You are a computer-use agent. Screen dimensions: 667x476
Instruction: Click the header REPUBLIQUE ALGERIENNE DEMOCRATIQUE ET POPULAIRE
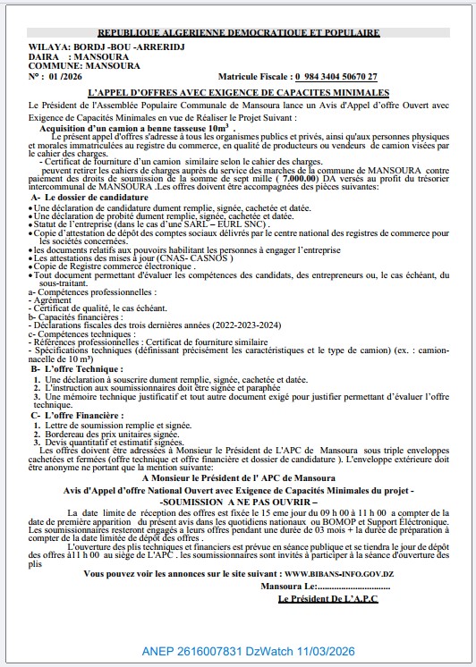(237, 32)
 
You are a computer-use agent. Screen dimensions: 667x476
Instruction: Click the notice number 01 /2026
(64, 77)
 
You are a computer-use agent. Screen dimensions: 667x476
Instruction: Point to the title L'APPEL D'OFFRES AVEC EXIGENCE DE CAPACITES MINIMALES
(238, 92)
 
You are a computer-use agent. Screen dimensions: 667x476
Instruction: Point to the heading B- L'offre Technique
(75, 367)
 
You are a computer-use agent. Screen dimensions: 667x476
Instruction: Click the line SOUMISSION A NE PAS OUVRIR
(237, 502)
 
